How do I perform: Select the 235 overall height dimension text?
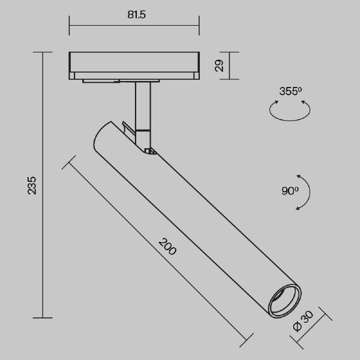pyautogui.click(x=32, y=185)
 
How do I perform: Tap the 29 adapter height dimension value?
pyautogui.click(x=220, y=65)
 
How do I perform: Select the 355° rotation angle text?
pyautogui.click(x=290, y=92)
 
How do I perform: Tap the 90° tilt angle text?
pyautogui.click(x=290, y=191)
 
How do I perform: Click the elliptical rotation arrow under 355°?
pyautogui.click(x=290, y=112)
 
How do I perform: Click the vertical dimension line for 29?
pyautogui.click(x=230, y=65)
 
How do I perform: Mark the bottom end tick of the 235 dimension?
pyautogui.click(x=43, y=317)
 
